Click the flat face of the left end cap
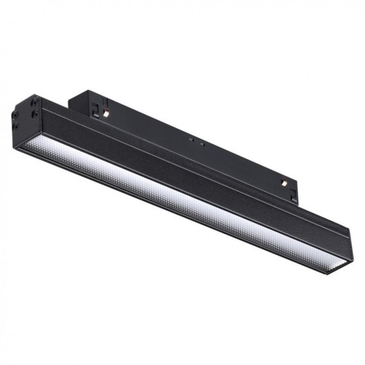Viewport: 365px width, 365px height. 26,118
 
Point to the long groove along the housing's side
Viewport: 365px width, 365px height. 192,164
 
